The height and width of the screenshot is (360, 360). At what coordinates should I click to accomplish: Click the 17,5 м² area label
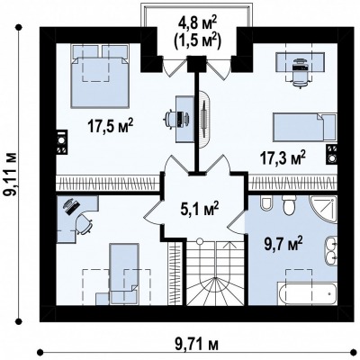(110, 126)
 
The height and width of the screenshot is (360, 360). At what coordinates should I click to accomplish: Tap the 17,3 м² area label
(283, 157)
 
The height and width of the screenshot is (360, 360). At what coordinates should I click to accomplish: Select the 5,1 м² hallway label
(200, 209)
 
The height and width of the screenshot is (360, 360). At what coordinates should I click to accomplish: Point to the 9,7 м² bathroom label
(283, 244)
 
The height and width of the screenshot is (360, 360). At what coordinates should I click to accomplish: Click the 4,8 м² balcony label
(197, 23)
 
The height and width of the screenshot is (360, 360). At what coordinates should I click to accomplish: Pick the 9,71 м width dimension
(196, 344)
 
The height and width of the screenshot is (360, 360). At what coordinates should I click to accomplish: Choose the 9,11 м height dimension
(12, 175)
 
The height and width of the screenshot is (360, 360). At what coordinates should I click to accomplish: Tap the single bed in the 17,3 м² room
(304, 127)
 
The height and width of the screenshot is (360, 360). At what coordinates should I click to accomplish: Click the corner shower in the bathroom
(324, 210)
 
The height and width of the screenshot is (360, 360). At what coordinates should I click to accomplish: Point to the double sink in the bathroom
(330, 251)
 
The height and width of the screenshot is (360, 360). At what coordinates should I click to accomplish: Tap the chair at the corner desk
(84, 223)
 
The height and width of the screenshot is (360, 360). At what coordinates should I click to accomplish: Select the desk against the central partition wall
(184, 119)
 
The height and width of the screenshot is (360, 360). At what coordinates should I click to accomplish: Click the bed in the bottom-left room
(124, 274)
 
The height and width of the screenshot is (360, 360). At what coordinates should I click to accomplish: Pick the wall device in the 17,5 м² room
(62, 142)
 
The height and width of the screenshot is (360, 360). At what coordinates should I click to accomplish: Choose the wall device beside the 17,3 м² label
(332, 154)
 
